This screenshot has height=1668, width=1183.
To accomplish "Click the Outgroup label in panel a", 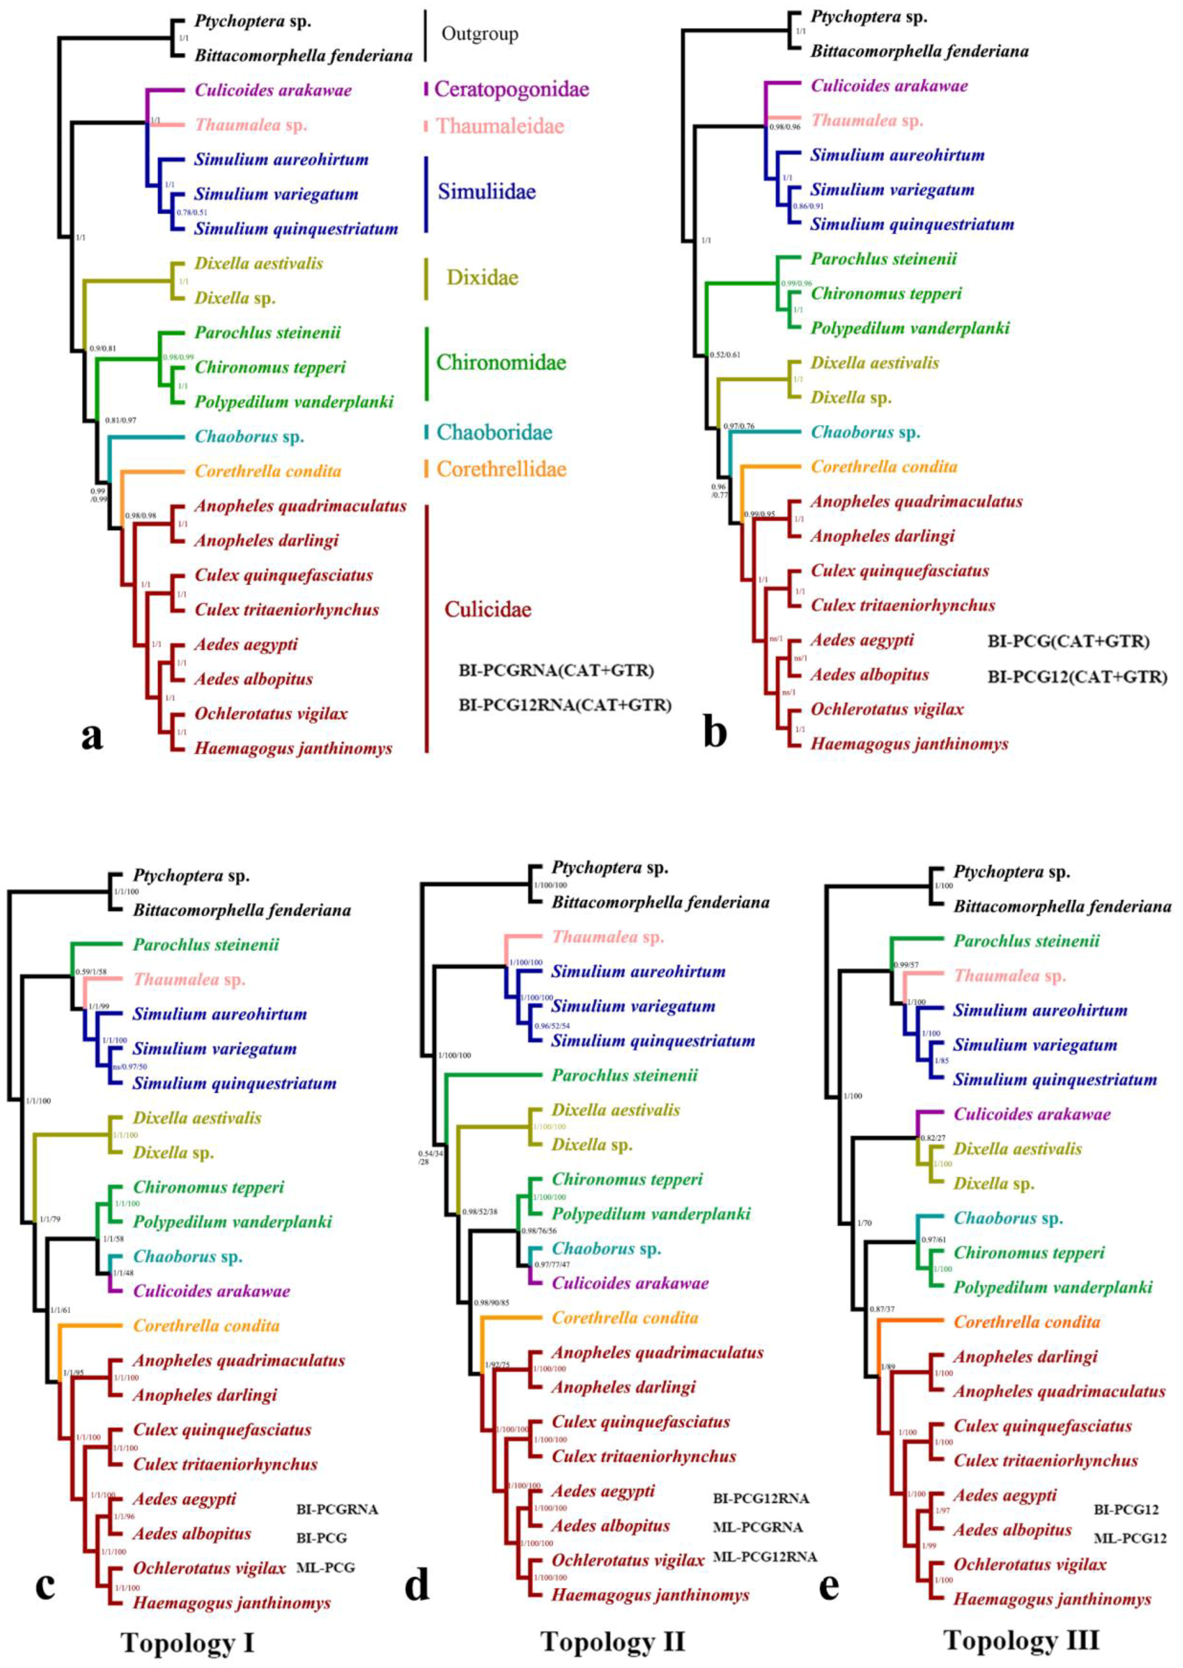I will click(x=480, y=34).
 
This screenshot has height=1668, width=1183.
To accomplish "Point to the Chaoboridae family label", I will click(x=494, y=432).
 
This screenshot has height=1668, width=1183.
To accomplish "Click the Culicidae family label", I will click(x=487, y=609).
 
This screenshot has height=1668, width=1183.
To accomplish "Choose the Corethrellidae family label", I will click(x=501, y=468).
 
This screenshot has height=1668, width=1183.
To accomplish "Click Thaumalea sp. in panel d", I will click(x=607, y=937).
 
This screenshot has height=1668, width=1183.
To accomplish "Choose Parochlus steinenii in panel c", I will click(x=206, y=945).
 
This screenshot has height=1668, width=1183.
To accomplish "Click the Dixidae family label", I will click(x=482, y=277).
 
